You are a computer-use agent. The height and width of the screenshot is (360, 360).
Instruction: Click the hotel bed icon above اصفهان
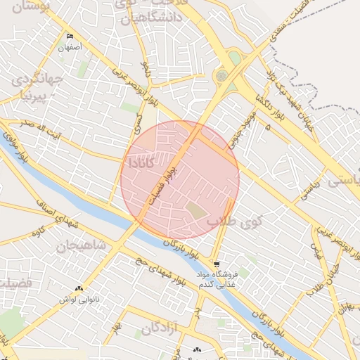coord(69,37)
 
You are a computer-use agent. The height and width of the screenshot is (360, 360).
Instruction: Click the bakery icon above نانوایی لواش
coord(79,288)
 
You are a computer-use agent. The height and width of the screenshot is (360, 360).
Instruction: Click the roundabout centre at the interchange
coord(222,75)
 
